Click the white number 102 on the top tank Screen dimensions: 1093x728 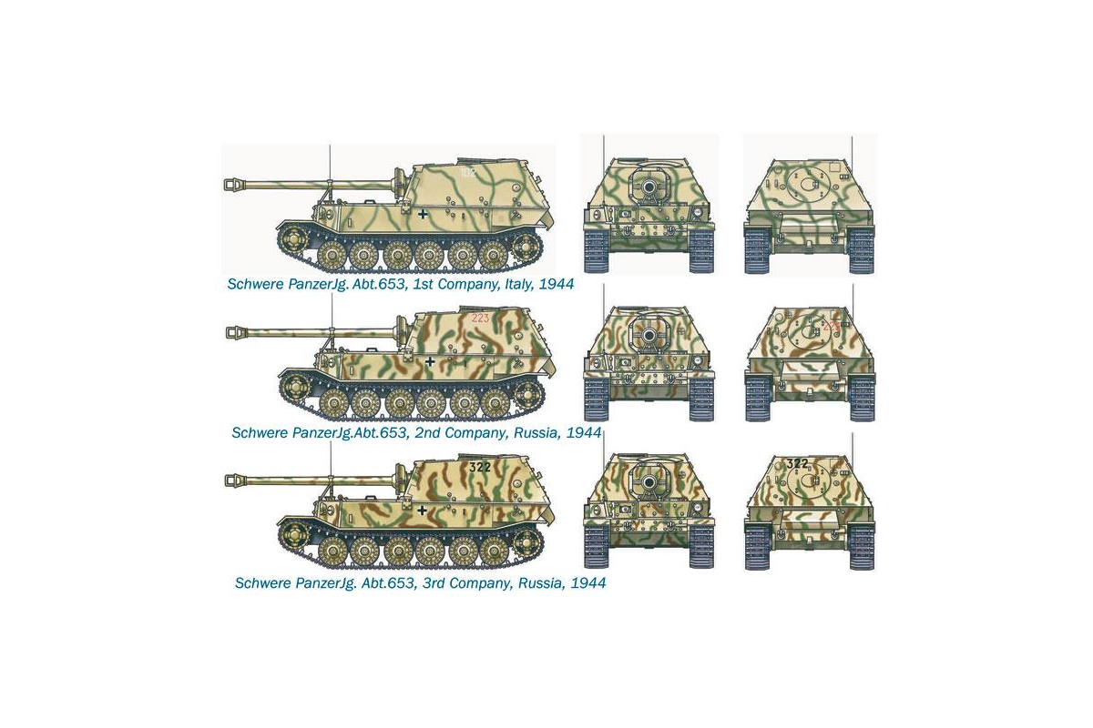(x=468, y=172)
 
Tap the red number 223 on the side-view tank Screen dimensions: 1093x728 (x=480, y=318)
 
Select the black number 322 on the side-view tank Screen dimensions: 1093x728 (x=480, y=467)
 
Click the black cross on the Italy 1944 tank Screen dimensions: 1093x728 (x=423, y=214)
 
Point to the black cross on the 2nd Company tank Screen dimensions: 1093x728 (x=430, y=361)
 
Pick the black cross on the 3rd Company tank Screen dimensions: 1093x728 (x=423, y=510)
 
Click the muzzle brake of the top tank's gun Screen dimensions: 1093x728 (x=233, y=185)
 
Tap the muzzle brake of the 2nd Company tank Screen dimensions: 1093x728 (x=235, y=333)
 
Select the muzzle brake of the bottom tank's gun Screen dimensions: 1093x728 (x=234, y=481)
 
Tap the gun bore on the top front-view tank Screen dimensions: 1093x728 (x=649, y=187)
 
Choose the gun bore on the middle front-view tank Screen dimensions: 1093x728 (x=649, y=336)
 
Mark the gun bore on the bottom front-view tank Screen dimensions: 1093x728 (x=649, y=483)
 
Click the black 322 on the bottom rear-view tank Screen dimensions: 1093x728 (x=797, y=463)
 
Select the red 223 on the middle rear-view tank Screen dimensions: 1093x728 (x=831, y=326)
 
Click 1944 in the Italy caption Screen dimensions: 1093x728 (x=557, y=284)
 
